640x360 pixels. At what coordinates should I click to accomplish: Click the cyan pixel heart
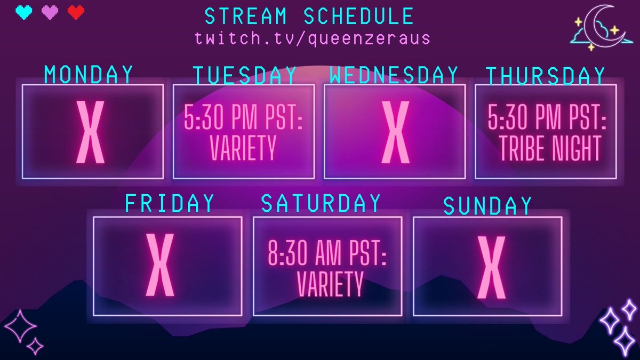click(x=24, y=12)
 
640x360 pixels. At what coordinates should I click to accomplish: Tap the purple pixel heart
click(x=50, y=12)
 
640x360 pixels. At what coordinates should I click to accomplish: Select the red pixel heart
click(x=76, y=12)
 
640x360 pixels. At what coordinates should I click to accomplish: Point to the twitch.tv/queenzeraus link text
click(x=313, y=38)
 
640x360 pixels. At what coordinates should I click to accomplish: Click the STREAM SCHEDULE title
click(x=309, y=17)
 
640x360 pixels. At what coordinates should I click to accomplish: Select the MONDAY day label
click(x=89, y=75)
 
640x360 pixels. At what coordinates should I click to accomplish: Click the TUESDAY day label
click(x=244, y=76)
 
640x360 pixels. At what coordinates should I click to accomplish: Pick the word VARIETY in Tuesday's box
click(x=243, y=148)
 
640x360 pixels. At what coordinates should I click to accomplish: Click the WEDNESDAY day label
click(x=394, y=75)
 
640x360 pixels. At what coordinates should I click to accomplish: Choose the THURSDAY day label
click(x=545, y=76)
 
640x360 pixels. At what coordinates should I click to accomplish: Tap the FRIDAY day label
click(x=170, y=203)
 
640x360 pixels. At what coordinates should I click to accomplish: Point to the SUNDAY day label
click(x=487, y=206)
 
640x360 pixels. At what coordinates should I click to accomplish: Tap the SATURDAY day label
click(x=321, y=203)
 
